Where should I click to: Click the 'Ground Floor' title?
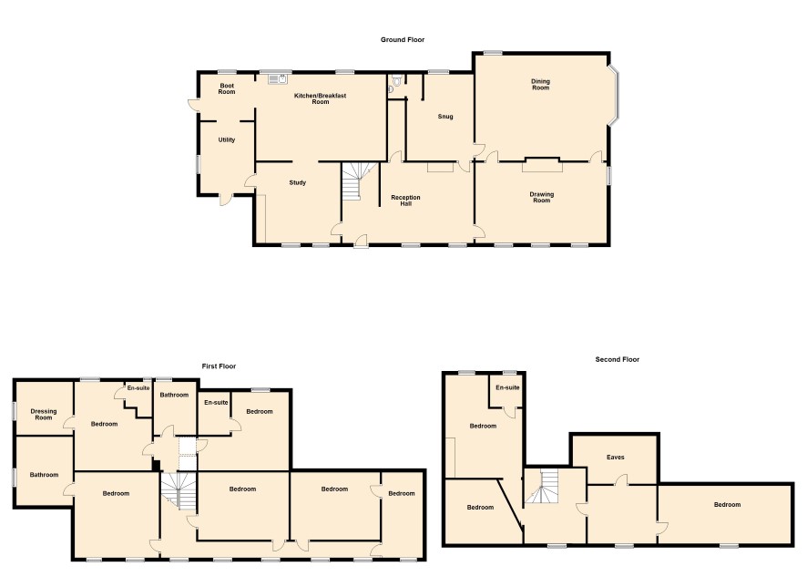403,39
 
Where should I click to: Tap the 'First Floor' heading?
219,366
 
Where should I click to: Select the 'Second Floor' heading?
617,359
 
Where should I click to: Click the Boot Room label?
227,88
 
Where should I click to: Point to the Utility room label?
227,139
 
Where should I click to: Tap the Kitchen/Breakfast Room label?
320,98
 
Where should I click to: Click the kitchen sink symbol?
278,78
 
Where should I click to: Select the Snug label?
445,117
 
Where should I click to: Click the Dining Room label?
540,85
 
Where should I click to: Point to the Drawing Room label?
541,197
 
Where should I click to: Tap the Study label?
298,182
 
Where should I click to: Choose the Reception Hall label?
405,201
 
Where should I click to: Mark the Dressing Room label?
43,415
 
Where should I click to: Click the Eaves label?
616,457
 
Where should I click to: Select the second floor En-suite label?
507,387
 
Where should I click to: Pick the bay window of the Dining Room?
614,97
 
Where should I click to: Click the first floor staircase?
179,490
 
